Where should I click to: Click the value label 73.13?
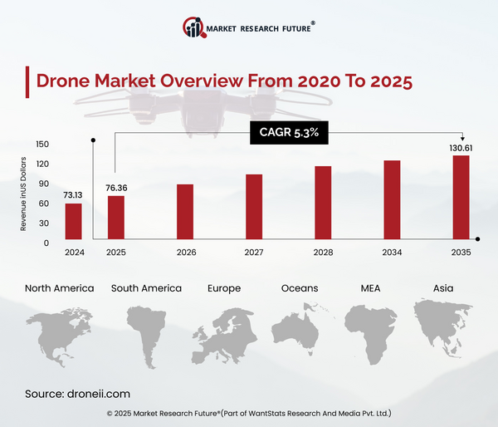[74, 195]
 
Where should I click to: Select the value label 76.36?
[117, 187]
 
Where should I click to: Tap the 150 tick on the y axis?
[42, 144]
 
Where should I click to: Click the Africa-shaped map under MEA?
[370, 332]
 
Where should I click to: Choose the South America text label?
[146, 288]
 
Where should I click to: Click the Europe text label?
[224, 288]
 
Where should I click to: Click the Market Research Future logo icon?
[195, 27]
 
